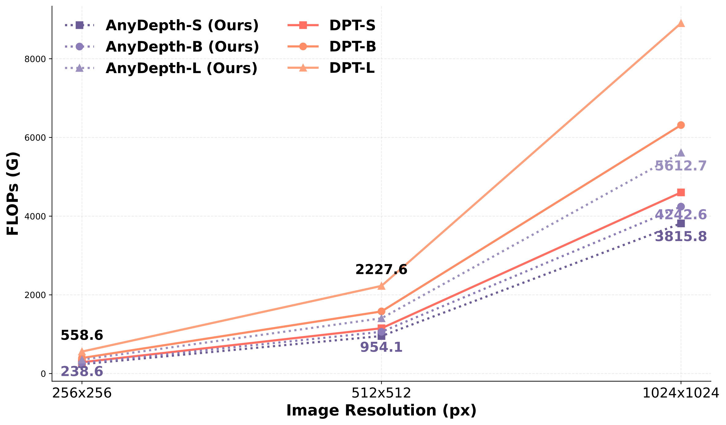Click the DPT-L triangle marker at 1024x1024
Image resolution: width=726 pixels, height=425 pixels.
point(681,23)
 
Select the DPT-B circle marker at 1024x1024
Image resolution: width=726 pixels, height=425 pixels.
point(681,125)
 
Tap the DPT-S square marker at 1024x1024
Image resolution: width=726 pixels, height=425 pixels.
point(681,193)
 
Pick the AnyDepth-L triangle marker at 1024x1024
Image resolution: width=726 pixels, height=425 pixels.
point(681,153)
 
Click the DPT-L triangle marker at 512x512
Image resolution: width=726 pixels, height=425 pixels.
point(381,286)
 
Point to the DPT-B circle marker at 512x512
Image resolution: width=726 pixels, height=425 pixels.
point(381,311)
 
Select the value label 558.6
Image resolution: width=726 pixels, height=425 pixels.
point(82,335)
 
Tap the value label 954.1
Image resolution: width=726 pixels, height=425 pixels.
point(381,347)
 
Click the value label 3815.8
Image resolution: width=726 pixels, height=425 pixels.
point(681,237)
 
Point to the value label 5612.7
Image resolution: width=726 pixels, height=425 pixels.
point(681,166)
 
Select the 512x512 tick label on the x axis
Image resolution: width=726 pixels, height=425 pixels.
point(381,393)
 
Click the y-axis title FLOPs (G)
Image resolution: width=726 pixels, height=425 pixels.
point(13,194)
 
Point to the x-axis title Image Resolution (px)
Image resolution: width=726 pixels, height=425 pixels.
point(381,411)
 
